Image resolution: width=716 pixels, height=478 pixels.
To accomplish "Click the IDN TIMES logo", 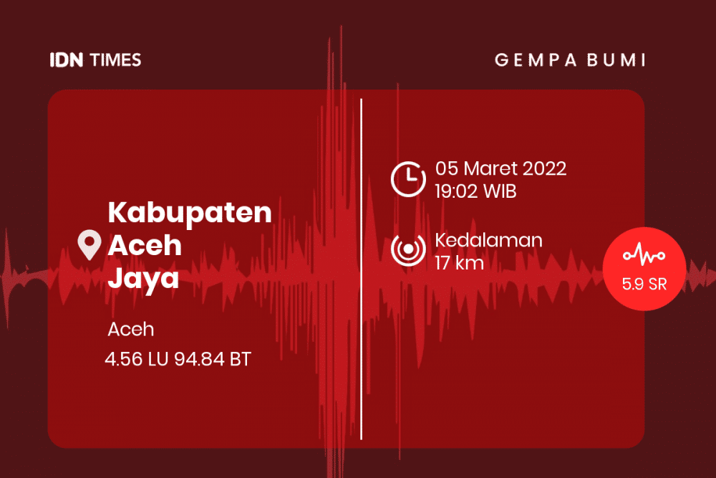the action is [x=95, y=60].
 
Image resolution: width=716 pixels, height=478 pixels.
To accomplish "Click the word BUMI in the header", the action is [x=616, y=60].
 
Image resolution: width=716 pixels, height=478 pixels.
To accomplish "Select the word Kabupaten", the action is [x=190, y=214].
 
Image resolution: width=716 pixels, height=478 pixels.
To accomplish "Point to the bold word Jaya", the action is [x=143, y=278].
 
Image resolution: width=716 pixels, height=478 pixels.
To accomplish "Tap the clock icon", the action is [x=408, y=179].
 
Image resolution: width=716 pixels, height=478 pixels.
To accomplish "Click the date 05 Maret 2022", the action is [x=501, y=168].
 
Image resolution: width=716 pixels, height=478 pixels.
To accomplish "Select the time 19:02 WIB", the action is [x=475, y=191].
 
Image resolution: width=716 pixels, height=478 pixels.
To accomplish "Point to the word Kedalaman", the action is [x=488, y=240].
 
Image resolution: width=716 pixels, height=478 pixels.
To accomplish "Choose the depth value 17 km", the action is [x=459, y=263].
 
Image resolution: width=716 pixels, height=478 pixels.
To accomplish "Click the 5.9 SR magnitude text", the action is [x=644, y=285].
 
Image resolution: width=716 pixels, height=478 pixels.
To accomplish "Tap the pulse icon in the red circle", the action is [x=644, y=254].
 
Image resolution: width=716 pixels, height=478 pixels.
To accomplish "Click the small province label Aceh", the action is [x=131, y=330].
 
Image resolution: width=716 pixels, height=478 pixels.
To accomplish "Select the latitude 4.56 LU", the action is [x=137, y=359].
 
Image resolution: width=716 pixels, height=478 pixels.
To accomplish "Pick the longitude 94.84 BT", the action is [x=213, y=359].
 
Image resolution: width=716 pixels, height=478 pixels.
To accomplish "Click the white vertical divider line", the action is [x=361, y=269].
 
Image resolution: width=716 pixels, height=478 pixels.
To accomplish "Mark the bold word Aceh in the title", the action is [x=145, y=245].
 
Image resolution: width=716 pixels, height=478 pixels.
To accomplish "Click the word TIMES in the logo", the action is [x=115, y=60].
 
